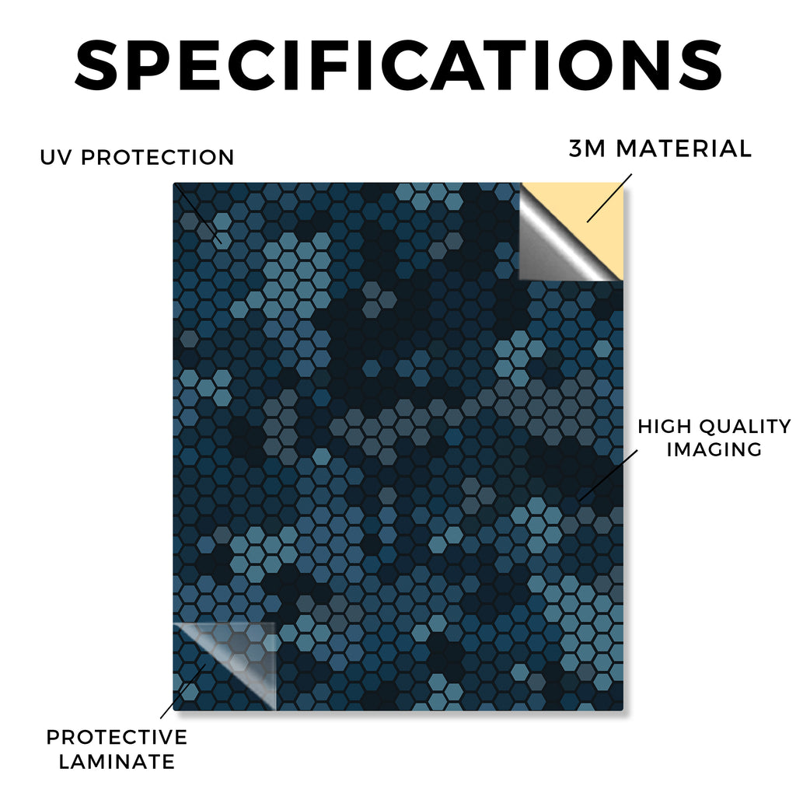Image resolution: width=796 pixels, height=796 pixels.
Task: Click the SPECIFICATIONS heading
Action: click(399, 65)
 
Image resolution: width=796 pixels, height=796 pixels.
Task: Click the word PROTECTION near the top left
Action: click(157, 157)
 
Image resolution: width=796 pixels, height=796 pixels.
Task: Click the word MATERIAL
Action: click(683, 148)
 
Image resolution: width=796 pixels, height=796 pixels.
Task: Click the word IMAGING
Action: click(714, 449)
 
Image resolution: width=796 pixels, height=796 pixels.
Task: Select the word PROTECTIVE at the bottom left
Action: click(117, 737)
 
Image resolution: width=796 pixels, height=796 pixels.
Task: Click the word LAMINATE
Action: click(117, 762)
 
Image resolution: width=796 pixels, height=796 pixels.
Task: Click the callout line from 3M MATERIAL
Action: click(609, 198)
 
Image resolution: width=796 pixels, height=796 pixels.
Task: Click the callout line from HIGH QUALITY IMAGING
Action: click(608, 475)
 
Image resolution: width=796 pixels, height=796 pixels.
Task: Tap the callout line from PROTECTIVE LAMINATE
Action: click(183, 691)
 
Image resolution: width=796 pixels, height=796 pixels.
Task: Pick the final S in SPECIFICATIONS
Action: click(702, 65)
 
